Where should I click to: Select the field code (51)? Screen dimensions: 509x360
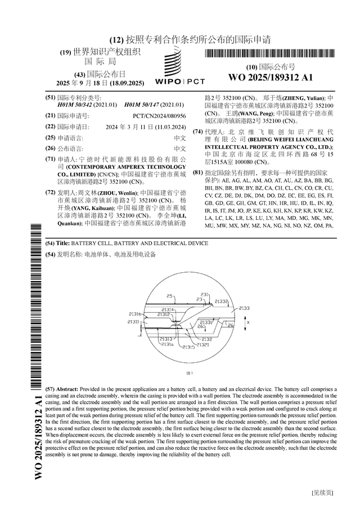click(50, 97)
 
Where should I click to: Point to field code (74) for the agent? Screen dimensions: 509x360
click(197, 132)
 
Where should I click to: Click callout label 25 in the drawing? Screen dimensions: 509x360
click(170, 296)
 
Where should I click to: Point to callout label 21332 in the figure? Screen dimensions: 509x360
click(222, 302)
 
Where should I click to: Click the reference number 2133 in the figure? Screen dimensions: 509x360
click(245, 308)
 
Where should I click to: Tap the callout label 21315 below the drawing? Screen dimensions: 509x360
click(187, 348)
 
